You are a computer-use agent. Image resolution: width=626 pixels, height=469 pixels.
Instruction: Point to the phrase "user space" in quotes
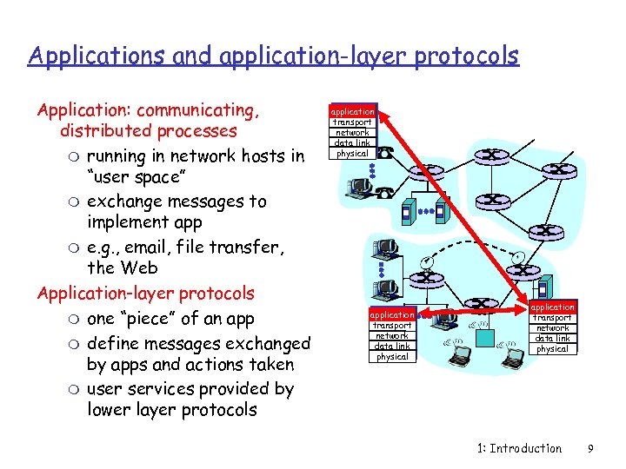coord(135,178)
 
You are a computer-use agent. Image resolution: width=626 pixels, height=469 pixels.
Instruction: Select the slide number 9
coord(590,448)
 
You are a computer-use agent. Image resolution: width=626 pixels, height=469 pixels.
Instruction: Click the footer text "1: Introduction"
coord(519,448)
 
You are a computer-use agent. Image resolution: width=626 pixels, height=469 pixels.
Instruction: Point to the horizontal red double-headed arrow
coord(471,309)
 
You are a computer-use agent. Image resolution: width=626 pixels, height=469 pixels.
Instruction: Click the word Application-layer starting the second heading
coord(97,293)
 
